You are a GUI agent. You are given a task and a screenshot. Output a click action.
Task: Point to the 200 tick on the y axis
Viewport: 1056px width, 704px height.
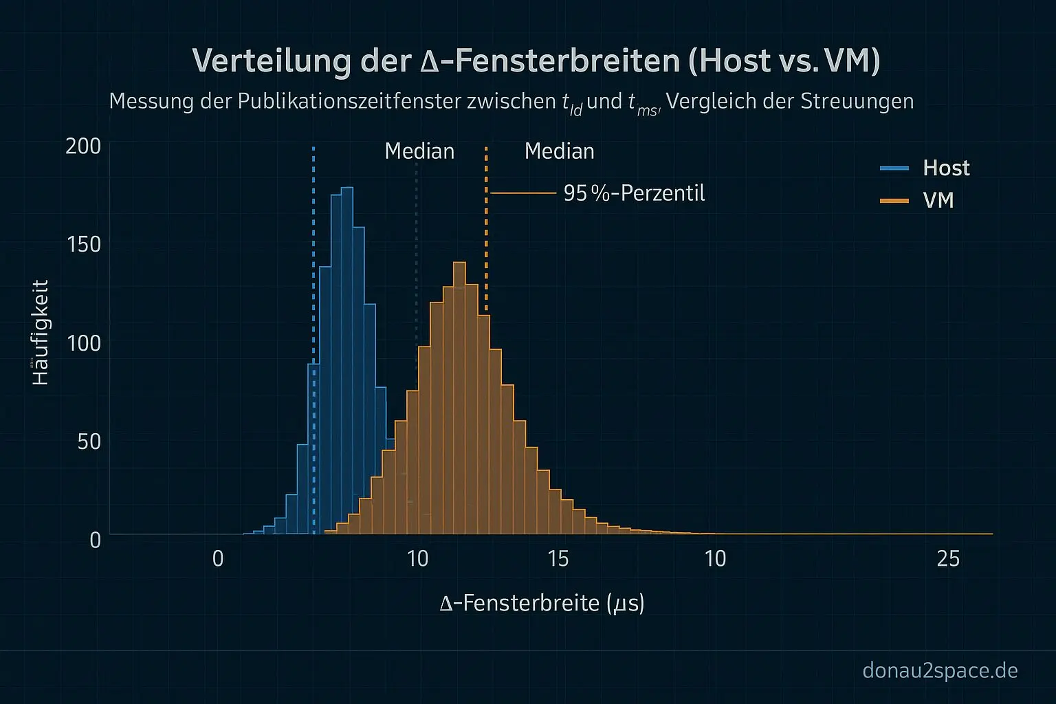(x=83, y=146)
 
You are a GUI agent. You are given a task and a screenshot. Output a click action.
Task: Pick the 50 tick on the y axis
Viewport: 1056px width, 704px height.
(x=89, y=441)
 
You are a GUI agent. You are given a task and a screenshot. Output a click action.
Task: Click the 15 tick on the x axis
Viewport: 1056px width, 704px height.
(x=558, y=559)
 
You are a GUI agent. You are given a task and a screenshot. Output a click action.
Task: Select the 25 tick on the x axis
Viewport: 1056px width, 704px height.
(x=948, y=559)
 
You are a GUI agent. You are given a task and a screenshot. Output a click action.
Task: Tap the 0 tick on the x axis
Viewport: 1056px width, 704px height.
(x=218, y=559)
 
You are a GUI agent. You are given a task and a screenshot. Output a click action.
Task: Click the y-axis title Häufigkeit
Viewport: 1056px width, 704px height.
(x=41, y=332)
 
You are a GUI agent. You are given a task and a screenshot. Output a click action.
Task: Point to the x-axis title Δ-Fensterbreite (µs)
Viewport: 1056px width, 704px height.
(x=542, y=604)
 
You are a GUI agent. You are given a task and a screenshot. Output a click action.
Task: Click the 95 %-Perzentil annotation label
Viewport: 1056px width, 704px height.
(x=634, y=194)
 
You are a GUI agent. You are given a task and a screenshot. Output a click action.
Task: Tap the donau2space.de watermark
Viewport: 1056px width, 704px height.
(x=939, y=670)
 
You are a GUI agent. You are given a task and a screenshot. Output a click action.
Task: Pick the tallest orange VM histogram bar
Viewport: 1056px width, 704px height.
(x=460, y=399)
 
